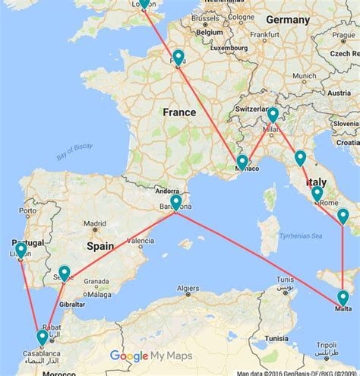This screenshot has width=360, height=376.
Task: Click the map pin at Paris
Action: [x=178, y=57]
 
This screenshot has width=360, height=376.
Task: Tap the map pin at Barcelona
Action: [x=176, y=202]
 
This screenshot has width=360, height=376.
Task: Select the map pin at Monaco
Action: [x=242, y=162]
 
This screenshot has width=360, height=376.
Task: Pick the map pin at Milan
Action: [x=272, y=115]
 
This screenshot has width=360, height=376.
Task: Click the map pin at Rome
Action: [x=317, y=194]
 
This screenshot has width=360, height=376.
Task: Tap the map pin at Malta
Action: [x=343, y=297]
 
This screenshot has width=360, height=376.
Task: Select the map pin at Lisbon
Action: [x=21, y=250]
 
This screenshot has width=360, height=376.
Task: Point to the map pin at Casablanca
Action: [x=43, y=337]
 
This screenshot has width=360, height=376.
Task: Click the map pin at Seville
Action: [x=65, y=273]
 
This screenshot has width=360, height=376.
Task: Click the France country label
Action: [x=179, y=112]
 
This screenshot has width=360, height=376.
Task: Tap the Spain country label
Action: [x=99, y=246]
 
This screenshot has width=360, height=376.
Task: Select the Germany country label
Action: [x=288, y=19]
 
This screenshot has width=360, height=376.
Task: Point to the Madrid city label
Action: [x=95, y=224]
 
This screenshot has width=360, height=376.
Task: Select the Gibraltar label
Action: [x=72, y=303]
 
